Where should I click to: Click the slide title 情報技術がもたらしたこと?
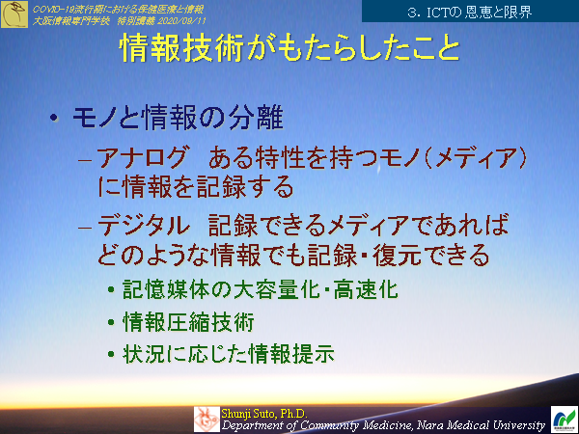tap(289, 50)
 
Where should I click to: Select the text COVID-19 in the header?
tap(51, 7)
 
